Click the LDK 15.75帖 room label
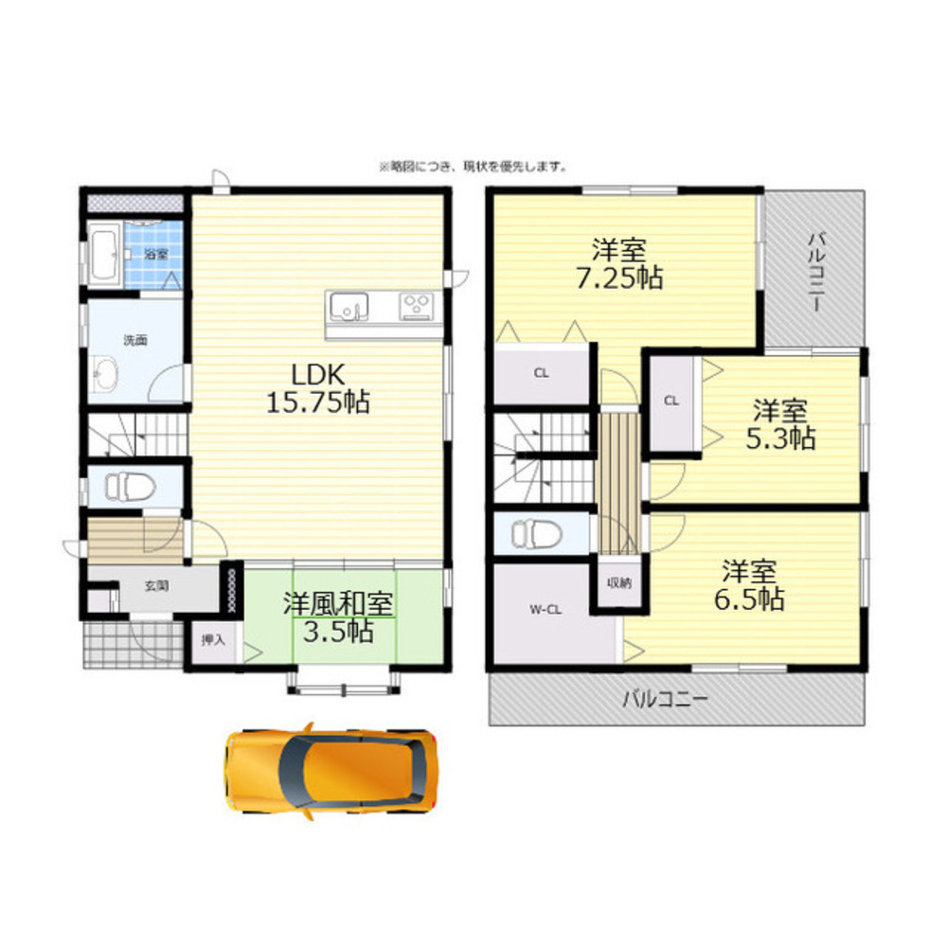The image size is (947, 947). click(x=317, y=386)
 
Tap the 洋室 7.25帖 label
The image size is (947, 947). click(x=619, y=264)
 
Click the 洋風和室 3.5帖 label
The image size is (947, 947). click(x=339, y=617)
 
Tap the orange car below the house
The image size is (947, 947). click(x=331, y=770)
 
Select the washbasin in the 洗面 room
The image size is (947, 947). click(x=106, y=377)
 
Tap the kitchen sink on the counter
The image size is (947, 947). click(x=348, y=306)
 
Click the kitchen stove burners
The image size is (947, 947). click(x=416, y=306)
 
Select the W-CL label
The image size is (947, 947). click(x=545, y=610)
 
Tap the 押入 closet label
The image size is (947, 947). click(x=213, y=639)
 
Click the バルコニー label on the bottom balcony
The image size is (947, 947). click(x=665, y=700)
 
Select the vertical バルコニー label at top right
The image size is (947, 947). click(x=814, y=268)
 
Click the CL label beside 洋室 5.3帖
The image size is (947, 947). click(x=671, y=401)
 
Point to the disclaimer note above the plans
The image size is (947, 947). click(x=473, y=167)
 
